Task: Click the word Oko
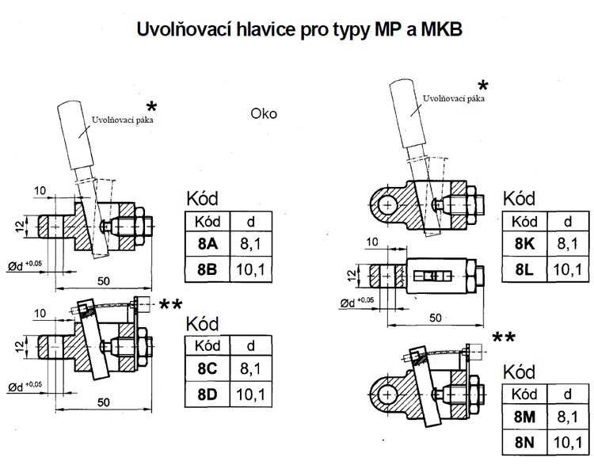pos(264,113)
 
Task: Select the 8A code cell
pos(207,245)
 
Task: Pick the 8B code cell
pos(207,270)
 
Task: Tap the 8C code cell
pos(207,368)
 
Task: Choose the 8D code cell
pos(207,394)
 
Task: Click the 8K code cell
pos(525,245)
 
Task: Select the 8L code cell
pos(525,269)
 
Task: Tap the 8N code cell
pos(525,442)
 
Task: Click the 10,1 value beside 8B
pos(251,270)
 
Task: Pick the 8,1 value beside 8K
pos(568,245)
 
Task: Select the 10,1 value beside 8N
pos(568,442)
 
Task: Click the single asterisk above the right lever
pos(482,86)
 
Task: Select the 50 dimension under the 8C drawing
pos(102,402)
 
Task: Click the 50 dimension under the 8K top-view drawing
pos(435,317)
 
